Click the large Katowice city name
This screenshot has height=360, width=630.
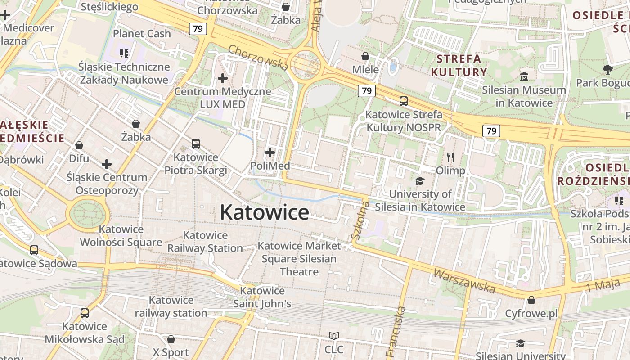click(x=264, y=212)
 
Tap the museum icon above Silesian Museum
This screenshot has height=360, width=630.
click(x=524, y=77)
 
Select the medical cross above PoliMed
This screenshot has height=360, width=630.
click(x=270, y=153)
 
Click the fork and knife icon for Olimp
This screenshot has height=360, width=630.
click(x=450, y=157)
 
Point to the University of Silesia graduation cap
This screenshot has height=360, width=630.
click(x=420, y=181)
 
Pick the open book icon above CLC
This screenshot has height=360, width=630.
click(x=333, y=336)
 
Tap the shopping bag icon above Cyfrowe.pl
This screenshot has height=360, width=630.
click(x=531, y=300)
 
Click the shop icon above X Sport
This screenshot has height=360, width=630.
click(x=171, y=339)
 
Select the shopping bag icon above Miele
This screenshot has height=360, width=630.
click(x=365, y=57)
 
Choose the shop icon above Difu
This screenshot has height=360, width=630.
click(x=79, y=145)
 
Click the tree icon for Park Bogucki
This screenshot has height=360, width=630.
click(x=607, y=69)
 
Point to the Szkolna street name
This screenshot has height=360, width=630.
click(x=360, y=220)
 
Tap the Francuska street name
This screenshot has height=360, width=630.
click(x=396, y=332)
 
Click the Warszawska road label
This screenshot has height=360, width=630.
click(x=463, y=280)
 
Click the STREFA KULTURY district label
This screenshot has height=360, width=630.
click(x=459, y=65)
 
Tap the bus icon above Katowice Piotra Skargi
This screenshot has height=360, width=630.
click(x=196, y=144)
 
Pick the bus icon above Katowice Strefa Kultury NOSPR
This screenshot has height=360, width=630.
click(x=404, y=101)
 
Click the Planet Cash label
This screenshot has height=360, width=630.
click(x=142, y=34)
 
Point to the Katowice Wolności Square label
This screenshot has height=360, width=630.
click(x=121, y=236)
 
